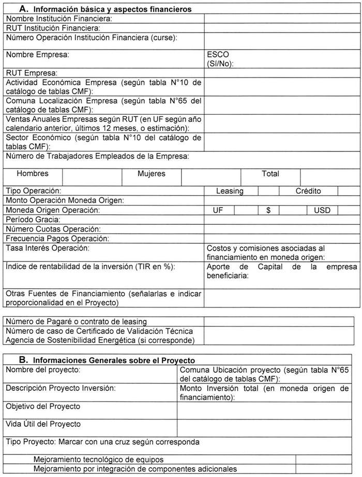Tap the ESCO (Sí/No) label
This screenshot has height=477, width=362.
(x=220, y=58)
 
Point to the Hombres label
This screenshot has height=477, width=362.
(x=33, y=174)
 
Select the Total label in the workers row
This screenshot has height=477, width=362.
(x=270, y=174)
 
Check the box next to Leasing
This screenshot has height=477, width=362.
(x=268, y=191)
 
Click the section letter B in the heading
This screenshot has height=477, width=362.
(x=23, y=359)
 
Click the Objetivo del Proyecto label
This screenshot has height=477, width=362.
(x=43, y=407)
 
